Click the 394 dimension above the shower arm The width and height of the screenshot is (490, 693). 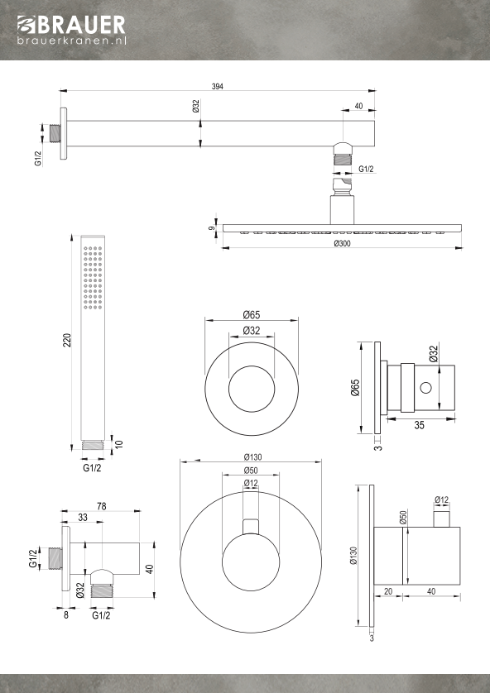tap(217, 87)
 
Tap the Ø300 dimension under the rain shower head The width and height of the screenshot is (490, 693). tap(343, 243)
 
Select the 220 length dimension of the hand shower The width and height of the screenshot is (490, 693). tap(67, 340)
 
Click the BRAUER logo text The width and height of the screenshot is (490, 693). tap(71, 25)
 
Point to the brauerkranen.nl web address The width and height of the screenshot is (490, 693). tap(72, 41)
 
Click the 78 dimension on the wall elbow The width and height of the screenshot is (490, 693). tap(101, 506)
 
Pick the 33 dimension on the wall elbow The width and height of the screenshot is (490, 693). tap(83, 518)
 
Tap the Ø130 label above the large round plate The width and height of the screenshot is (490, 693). tap(252, 457)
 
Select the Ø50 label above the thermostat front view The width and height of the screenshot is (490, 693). tap(251, 471)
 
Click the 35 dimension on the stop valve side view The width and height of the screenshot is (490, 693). tap(420, 425)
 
